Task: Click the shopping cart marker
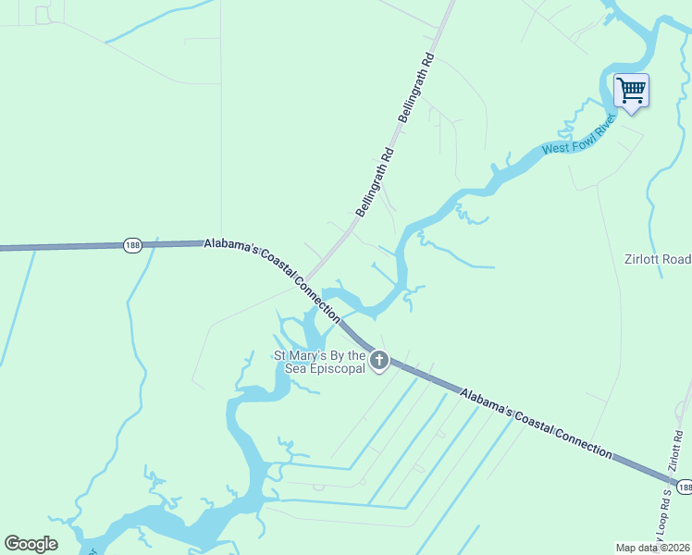pos(631,92)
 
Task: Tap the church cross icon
pos(378,361)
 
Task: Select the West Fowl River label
pos(578,140)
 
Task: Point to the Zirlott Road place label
pos(657,260)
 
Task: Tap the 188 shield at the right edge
pos(684,487)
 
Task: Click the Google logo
pos(31,544)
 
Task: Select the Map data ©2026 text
pos(653,548)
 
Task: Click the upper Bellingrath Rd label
pos(415,88)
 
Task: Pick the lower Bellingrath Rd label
pos(376,182)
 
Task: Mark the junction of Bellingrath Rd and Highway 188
pos(308,277)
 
